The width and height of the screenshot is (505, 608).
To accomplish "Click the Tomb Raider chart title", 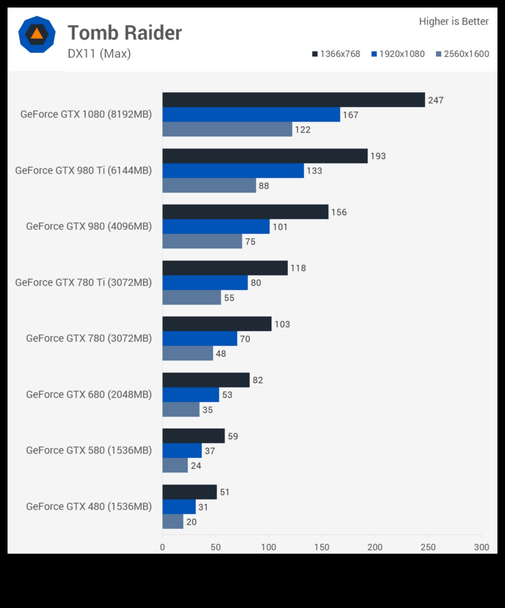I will pyautogui.click(x=124, y=33).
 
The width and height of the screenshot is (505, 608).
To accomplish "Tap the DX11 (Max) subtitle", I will pyautogui.click(x=99, y=54).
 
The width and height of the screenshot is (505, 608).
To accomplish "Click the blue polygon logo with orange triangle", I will pyautogui.click(x=37, y=34).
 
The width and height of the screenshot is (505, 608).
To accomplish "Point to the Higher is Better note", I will pyautogui.click(x=453, y=21).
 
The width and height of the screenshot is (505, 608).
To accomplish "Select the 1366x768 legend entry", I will pyautogui.click(x=336, y=54).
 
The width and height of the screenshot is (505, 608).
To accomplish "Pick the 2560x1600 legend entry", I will pyautogui.click(x=462, y=54).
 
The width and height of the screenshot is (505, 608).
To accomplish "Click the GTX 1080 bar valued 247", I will pyautogui.click(x=293, y=100).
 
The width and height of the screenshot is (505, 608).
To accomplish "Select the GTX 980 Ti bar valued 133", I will pyautogui.click(x=233, y=171).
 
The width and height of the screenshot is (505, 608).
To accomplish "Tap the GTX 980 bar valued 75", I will pyautogui.click(x=202, y=241).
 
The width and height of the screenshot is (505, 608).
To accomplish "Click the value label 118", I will pyautogui.click(x=298, y=268).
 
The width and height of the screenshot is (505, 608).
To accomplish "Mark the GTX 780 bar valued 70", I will pyautogui.click(x=200, y=339).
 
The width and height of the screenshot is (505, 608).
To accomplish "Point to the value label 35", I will pyautogui.click(x=207, y=410).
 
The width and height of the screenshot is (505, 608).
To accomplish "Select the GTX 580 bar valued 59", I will pyautogui.click(x=193, y=436).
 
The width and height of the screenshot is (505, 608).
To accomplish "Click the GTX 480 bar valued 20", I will pyautogui.click(x=173, y=522).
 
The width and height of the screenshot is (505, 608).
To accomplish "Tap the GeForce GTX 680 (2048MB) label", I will pyautogui.click(x=89, y=395).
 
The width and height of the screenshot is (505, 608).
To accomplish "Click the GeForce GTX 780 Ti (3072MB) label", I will pyautogui.click(x=83, y=283).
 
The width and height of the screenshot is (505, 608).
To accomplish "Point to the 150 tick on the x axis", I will pyautogui.click(x=322, y=547).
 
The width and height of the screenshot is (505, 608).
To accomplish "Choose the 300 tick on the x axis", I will pyautogui.click(x=481, y=547).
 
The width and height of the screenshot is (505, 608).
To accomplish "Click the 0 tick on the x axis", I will pyautogui.click(x=163, y=547).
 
